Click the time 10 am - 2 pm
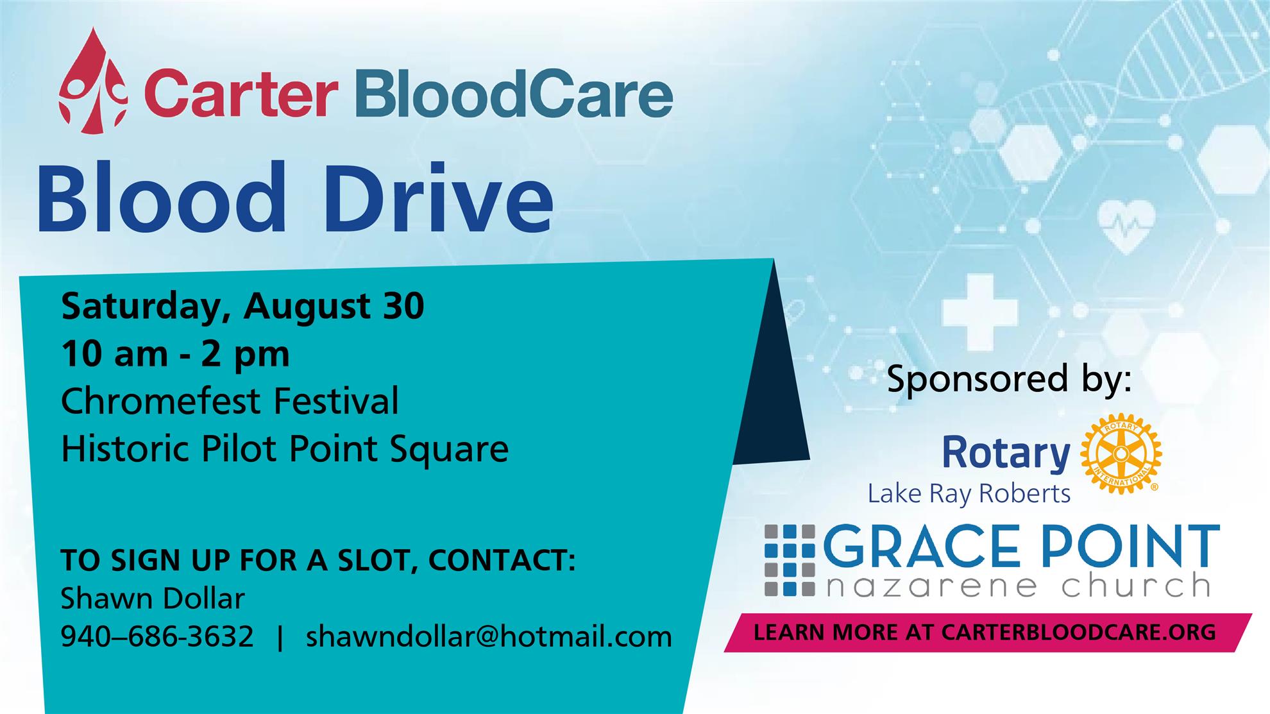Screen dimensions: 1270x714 point(175,354)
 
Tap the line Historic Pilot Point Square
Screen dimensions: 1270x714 point(285,448)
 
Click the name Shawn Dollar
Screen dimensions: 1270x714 point(153,599)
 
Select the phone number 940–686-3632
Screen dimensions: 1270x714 point(157,636)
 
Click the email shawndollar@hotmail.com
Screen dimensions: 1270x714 point(489,636)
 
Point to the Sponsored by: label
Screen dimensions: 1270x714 point(1009,380)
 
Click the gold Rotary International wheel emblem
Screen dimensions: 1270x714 point(1121,454)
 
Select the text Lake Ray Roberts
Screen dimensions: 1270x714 point(969,494)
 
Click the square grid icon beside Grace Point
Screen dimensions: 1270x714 point(790,560)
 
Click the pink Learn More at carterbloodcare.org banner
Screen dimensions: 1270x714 point(988,633)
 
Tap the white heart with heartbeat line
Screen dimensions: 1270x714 point(1126,226)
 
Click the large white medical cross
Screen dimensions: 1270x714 point(979,312)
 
